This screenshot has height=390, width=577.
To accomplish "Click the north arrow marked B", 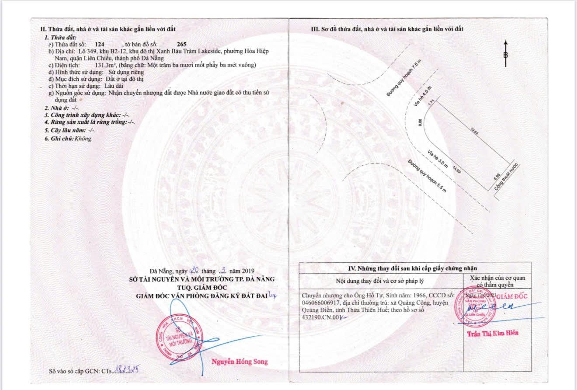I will (506, 54).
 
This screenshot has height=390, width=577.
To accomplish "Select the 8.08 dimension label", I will (420, 123).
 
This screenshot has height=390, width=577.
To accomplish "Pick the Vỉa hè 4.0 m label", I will (420, 96).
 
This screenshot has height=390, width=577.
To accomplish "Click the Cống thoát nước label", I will (506, 177).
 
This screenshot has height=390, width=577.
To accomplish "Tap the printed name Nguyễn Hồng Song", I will (240, 362).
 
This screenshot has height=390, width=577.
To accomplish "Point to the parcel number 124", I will (100, 45).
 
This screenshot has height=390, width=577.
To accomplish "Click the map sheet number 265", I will (181, 45).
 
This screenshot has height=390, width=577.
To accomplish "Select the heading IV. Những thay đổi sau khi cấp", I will (415, 268).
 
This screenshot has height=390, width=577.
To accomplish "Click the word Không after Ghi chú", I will (83, 138).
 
